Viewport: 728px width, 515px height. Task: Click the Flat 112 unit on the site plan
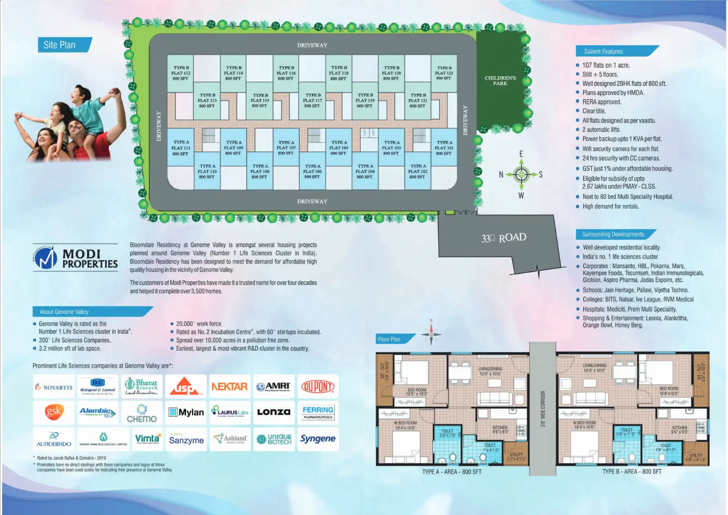[181, 73]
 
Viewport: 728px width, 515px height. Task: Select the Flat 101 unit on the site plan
[444, 148]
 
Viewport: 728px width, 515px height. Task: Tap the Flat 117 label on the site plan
[312, 100]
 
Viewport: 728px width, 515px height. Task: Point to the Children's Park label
[500, 80]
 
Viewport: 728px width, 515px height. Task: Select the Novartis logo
[54, 387]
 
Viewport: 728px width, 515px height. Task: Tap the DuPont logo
[318, 386]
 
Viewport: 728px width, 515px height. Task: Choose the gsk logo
[54, 412]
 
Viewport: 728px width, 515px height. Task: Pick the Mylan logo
[186, 412]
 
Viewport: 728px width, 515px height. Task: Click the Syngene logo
[318, 439]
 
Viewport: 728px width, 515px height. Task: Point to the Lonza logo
[274, 412]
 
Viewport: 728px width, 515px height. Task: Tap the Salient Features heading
[604, 51]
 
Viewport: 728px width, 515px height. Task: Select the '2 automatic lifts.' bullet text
[601, 130]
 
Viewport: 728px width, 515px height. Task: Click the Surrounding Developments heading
[613, 234]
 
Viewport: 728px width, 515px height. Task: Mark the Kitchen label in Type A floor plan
[500, 429]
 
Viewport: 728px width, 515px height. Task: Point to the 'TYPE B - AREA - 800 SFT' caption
[632, 472]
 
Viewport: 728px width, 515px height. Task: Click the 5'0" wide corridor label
[543, 408]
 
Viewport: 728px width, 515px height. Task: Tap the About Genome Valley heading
[65, 312]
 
